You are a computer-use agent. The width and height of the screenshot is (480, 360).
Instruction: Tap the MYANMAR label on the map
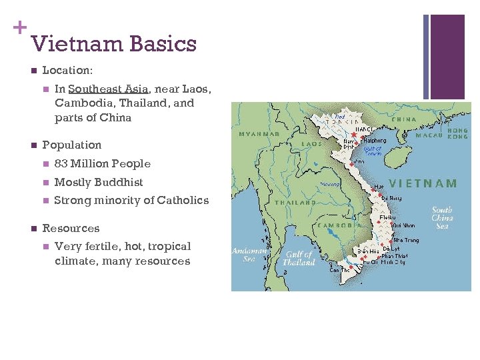click(x=258, y=133)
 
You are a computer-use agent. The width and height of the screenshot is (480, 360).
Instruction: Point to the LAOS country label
click(x=311, y=143)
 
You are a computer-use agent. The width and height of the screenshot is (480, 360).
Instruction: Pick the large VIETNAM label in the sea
click(x=423, y=183)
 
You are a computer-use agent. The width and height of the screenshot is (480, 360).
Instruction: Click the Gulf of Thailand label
click(x=299, y=258)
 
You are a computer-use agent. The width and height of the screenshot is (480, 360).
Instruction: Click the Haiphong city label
click(x=373, y=141)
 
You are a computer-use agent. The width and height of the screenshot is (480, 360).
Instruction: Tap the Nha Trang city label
click(x=405, y=240)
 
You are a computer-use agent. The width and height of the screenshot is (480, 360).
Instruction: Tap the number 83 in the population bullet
click(x=61, y=163)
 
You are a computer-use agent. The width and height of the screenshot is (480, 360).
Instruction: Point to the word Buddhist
click(x=119, y=182)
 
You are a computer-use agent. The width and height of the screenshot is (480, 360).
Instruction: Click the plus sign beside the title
click(x=19, y=27)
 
